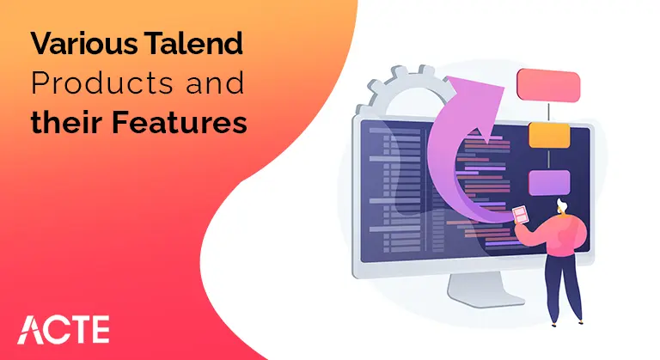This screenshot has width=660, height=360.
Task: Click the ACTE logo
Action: click(64, 330)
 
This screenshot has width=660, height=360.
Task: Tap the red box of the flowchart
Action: click(547, 84)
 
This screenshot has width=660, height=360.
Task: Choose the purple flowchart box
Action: click(547, 183)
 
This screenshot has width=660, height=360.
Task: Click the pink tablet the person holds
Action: click(521, 215)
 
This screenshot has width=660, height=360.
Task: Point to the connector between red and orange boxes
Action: click(547, 109)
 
